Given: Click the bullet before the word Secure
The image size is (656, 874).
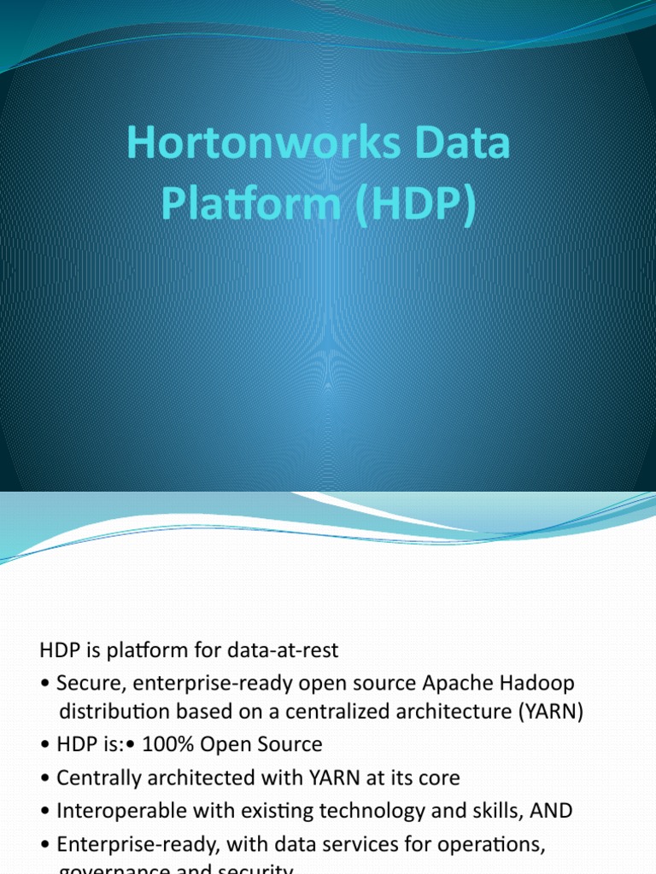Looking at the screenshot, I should tap(44, 684).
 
